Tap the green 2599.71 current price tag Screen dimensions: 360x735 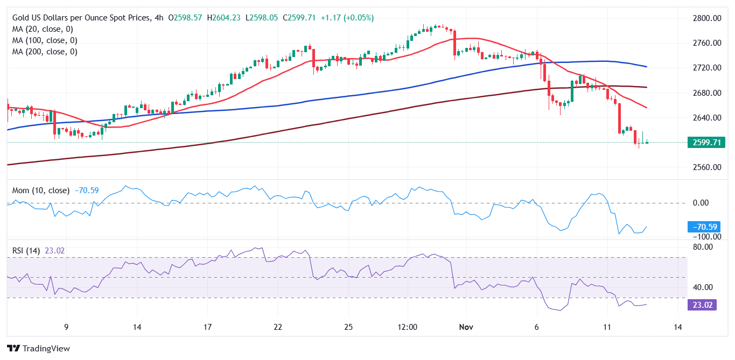(x=706, y=143)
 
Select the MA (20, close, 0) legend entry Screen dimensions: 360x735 (x=43, y=29)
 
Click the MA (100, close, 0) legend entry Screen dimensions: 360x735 (x=45, y=40)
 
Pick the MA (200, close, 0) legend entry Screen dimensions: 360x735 (x=45, y=52)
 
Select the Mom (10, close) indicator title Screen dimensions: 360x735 (x=41, y=190)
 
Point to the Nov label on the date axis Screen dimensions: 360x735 (x=466, y=327)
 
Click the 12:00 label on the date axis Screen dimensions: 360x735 (x=407, y=327)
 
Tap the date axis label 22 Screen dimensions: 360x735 (x=277, y=327)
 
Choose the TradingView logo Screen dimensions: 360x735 (x=38, y=348)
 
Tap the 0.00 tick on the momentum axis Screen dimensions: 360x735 (x=701, y=203)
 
